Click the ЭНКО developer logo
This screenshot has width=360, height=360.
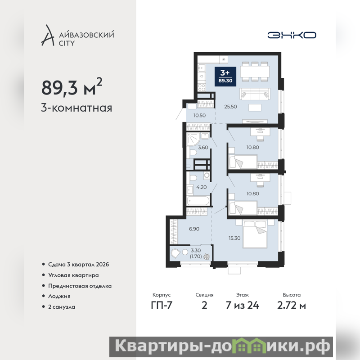coord(292,35)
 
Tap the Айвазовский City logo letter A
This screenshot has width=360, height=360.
coord(48,35)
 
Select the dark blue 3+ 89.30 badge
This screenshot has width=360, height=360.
coord(225,76)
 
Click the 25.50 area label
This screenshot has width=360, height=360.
coord(230,107)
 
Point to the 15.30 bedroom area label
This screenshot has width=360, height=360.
coord(234,238)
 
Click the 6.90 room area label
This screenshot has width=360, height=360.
coord(194,229)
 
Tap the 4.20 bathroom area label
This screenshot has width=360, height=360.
coord(201,187)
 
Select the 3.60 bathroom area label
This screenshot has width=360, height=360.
coord(203,148)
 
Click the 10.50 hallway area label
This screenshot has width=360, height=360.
coord(199,115)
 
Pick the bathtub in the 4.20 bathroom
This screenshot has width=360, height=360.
coord(198,201)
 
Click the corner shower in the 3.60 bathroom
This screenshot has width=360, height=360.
coord(193,139)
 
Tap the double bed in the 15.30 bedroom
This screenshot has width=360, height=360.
coord(255,234)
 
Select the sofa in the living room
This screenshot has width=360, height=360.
coord(254,94)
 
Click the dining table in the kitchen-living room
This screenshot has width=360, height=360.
coord(255,72)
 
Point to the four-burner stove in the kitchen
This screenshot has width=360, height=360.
coord(202,87)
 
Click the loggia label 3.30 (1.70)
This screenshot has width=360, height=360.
coord(196,253)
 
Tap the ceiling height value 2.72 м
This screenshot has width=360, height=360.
coord(292,306)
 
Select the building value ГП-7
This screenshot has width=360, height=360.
coord(162,306)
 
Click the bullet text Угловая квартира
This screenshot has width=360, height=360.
coord(73,275)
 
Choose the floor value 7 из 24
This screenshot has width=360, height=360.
coord(243,306)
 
